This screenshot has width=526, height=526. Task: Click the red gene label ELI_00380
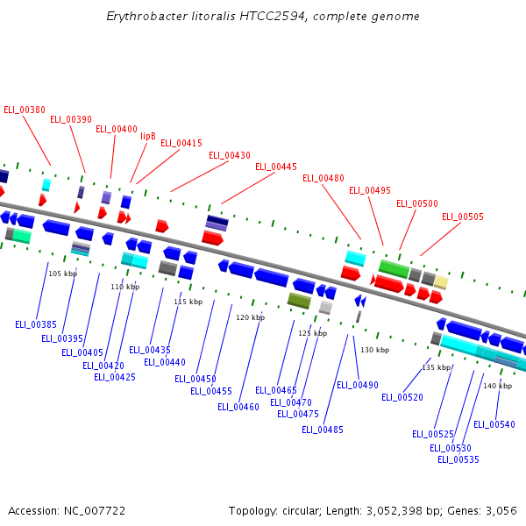pyautogui.click(x=25, y=110)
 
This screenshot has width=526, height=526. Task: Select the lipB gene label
pyautogui.click(x=148, y=136)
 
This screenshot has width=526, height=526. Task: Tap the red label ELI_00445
pyautogui.click(x=276, y=167)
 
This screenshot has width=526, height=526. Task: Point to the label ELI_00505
pyautogui.click(x=463, y=217)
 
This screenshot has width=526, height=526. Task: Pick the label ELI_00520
pyautogui.click(x=402, y=397)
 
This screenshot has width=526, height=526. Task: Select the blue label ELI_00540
pyautogui.click(x=494, y=424)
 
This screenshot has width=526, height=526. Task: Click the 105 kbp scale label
pyautogui.click(x=62, y=274)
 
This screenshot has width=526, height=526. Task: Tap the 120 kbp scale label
pyautogui.click(x=250, y=317)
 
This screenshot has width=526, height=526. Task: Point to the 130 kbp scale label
pyautogui.click(x=374, y=350)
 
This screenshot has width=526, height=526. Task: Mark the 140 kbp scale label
pyautogui.click(x=497, y=386)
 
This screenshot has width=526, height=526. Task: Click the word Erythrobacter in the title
pyautogui.click(x=143, y=17)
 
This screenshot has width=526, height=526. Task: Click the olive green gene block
pyautogui.click(x=299, y=301)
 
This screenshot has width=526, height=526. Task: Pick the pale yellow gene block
pyautogui.click(x=441, y=282)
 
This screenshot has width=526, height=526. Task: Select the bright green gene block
pyautogui.click(x=394, y=268)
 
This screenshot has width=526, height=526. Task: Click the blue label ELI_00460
pyautogui.click(x=238, y=407)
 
